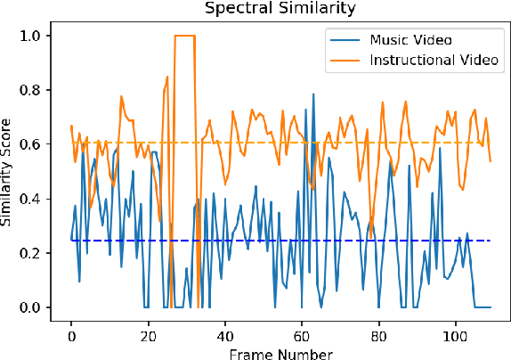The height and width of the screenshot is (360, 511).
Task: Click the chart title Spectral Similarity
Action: tap(280, 9)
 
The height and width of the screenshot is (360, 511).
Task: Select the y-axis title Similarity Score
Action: tap(12, 172)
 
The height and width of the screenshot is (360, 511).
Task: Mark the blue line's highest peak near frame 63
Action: tap(312, 94)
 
